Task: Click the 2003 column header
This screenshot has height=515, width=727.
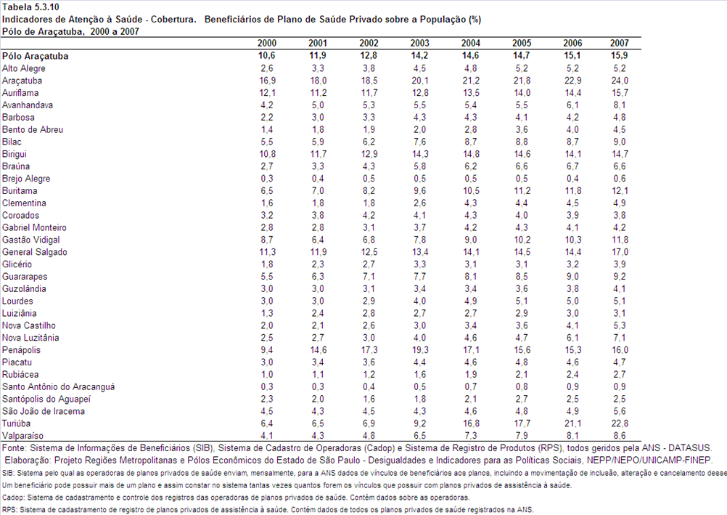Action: point(419,43)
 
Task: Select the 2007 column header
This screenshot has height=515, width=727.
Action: point(620,43)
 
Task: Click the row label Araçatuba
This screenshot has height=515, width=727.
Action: point(22,81)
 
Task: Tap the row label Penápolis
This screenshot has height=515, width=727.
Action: point(21,350)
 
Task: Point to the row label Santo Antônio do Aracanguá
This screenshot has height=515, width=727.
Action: point(59,387)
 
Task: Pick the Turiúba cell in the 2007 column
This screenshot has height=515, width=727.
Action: point(620,423)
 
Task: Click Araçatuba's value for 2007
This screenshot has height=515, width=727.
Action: point(620,81)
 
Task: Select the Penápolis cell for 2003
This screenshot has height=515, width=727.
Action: point(419,349)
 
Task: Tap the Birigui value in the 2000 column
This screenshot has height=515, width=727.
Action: point(266,154)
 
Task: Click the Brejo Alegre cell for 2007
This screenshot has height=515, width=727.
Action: point(620,178)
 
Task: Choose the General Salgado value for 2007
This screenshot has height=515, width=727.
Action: point(620,252)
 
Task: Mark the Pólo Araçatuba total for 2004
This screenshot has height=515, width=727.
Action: point(471,55)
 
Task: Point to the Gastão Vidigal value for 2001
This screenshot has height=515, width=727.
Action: point(318,240)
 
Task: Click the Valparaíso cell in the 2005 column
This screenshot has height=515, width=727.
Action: point(522,436)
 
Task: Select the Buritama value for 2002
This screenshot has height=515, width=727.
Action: point(369,190)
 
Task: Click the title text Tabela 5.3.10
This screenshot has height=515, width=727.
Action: point(30,7)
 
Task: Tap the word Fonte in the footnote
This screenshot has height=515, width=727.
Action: point(15,448)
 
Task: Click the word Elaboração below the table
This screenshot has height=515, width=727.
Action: point(28,461)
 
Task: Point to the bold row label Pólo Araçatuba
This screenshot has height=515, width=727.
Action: point(36,56)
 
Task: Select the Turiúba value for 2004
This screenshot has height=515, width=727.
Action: point(471,423)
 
